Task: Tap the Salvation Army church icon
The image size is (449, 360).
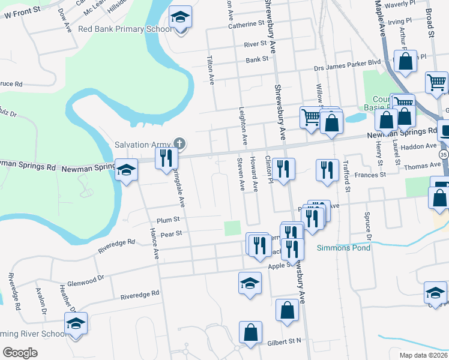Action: [179, 143]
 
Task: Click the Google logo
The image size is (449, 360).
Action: [20, 353]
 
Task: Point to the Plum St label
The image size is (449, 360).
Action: [169, 220]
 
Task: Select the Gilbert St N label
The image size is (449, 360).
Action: [285, 341]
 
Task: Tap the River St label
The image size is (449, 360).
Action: [255, 44]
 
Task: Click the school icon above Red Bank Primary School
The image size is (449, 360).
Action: [179, 19]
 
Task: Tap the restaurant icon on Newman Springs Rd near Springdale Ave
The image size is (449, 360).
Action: [165, 158]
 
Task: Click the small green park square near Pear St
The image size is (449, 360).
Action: [232, 228]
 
